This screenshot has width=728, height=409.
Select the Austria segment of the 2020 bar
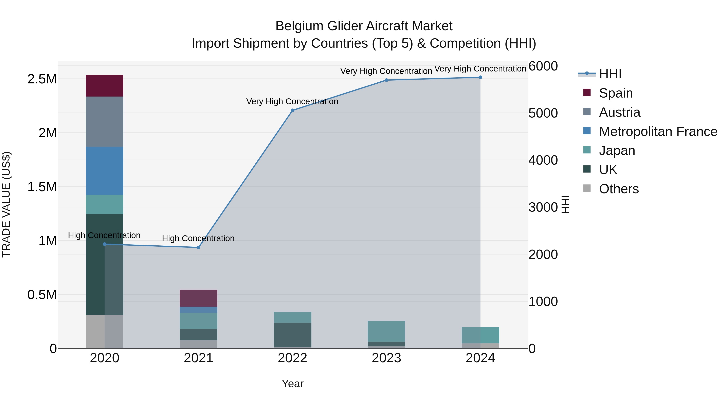click(x=104, y=121)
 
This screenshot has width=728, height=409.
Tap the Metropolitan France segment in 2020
click(x=104, y=170)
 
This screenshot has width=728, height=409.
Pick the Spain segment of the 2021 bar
click(x=198, y=298)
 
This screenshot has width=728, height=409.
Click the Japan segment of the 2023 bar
click(x=386, y=331)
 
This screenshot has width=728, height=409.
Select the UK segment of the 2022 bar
click(x=292, y=335)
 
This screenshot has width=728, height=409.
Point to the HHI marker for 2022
click(x=292, y=110)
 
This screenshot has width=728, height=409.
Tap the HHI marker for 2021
click(x=198, y=248)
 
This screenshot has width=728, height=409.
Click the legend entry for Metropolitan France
click(x=658, y=131)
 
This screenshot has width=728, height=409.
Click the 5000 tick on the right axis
click(x=543, y=113)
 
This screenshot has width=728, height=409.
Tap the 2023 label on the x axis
click(x=386, y=358)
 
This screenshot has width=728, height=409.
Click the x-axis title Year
click(x=292, y=384)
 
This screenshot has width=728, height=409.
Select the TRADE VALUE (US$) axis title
click(x=6, y=204)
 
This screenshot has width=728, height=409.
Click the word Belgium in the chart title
click(x=299, y=26)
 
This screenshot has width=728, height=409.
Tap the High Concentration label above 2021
click(x=198, y=238)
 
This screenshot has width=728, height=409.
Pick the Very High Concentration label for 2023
click(x=386, y=71)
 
